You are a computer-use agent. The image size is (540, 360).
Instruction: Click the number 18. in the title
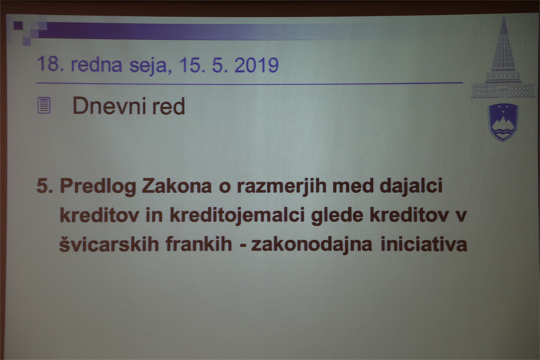(x=50, y=64)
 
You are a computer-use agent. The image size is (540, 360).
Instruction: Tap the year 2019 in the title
(x=256, y=65)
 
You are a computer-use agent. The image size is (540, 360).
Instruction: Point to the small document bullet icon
(x=44, y=105)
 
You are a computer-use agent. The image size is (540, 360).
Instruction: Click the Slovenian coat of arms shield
(x=503, y=122)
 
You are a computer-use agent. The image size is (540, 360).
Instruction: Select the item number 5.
(x=45, y=186)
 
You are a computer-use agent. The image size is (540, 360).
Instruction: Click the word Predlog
(x=98, y=186)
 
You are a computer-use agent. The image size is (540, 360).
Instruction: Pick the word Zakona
(x=177, y=186)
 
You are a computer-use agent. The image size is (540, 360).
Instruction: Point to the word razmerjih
(x=281, y=186)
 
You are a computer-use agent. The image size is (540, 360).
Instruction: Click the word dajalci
(x=411, y=186)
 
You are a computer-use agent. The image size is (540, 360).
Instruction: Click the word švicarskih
(x=109, y=245)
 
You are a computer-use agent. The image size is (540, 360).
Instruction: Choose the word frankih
(x=198, y=244)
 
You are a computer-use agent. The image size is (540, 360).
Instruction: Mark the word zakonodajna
(x=312, y=245)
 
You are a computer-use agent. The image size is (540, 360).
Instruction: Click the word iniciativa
(x=424, y=244)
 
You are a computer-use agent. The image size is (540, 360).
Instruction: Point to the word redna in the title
(x=97, y=65)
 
